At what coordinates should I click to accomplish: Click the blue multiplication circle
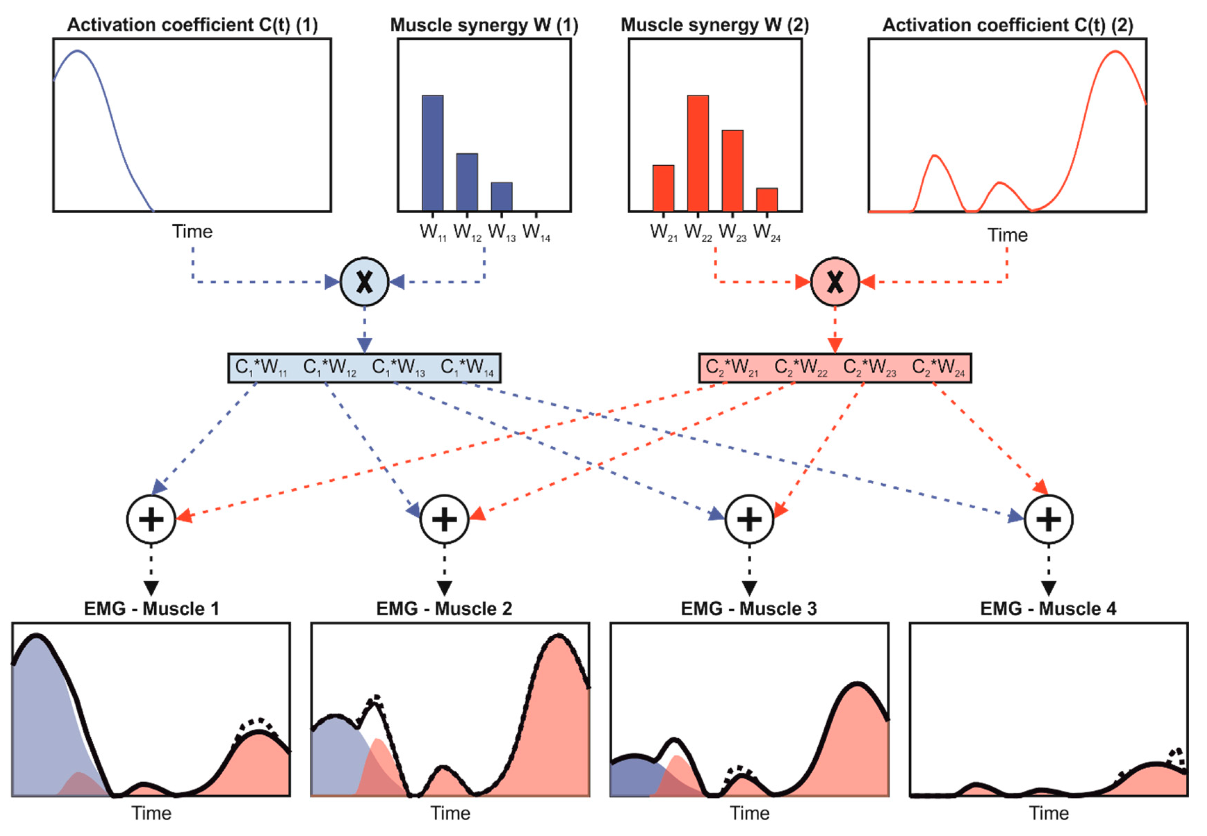(x=364, y=282)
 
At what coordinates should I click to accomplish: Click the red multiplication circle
(x=835, y=282)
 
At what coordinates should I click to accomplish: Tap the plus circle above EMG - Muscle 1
(x=151, y=520)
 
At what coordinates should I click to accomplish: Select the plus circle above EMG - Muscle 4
(x=1049, y=520)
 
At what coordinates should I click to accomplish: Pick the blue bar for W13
(x=501, y=197)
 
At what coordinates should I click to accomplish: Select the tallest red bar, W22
(x=698, y=153)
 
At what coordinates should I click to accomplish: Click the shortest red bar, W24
(x=767, y=200)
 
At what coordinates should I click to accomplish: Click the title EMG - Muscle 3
(x=749, y=609)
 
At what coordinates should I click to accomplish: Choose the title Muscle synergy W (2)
(x=715, y=25)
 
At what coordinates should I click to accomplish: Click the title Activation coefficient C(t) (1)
(x=192, y=25)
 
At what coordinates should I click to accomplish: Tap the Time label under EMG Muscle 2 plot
(x=450, y=813)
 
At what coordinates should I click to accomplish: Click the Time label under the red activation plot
(x=1008, y=235)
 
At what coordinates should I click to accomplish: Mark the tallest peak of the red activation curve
(x=1115, y=51)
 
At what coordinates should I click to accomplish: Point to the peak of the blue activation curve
(x=78, y=51)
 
